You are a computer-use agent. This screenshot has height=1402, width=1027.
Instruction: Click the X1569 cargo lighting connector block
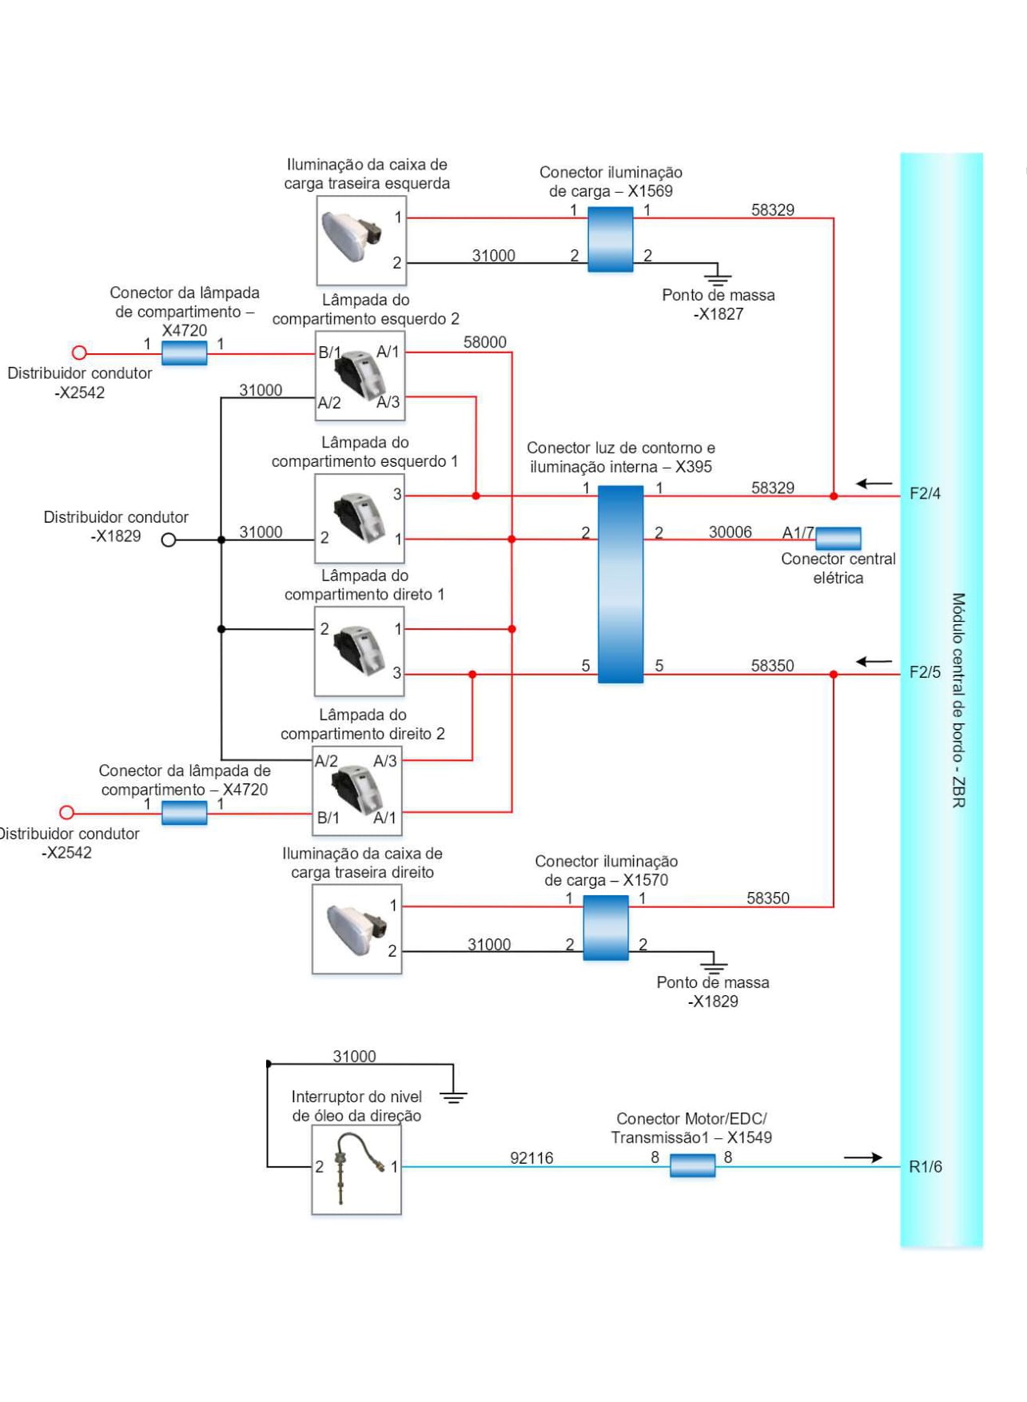click(611, 239)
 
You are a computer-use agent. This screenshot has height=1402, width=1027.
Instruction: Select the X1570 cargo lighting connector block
click(606, 927)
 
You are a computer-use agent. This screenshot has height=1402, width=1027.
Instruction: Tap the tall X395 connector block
click(620, 584)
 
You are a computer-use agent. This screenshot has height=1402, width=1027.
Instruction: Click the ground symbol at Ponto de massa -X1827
click(718, 275)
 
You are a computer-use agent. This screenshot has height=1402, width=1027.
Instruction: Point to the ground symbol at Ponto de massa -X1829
click(713, 963)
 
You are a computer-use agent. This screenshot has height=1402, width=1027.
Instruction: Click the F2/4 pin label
click(925, 494)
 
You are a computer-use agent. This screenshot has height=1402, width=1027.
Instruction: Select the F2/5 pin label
click(925, 672)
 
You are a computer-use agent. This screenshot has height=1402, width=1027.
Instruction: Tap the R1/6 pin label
click(925, 1167)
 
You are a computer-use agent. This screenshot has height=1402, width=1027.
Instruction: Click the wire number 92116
click(531, 1158)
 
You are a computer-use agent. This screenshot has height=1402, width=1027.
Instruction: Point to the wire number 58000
click(485, 342)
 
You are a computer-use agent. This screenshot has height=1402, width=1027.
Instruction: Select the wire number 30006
click(730, 532)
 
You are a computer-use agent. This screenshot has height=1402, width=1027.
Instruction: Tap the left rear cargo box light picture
click(361, 241)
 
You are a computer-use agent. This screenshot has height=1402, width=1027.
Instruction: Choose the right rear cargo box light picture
click(356, 929)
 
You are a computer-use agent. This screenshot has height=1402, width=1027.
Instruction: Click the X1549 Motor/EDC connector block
click(692, 1166)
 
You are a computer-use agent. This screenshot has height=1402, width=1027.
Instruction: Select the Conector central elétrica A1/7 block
click(838, 538)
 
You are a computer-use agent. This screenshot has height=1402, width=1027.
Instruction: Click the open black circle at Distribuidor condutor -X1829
click(169, 540)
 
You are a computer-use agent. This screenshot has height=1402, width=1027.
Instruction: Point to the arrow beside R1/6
click(863, 1157)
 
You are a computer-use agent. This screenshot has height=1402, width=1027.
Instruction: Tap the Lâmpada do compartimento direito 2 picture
click(356, 791)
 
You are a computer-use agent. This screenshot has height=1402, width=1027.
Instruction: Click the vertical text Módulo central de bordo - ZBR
click(958, 700)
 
